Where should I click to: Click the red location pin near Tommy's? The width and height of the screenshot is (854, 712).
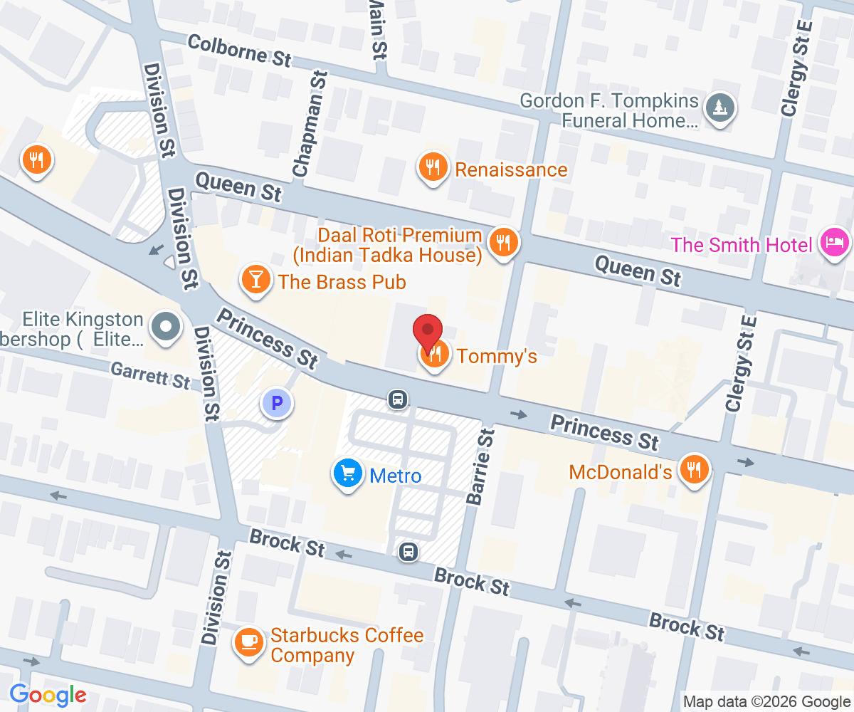[428, 331]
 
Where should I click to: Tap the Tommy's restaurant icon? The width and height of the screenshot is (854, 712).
[434, 354]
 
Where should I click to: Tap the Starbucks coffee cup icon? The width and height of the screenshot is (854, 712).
[248, 642]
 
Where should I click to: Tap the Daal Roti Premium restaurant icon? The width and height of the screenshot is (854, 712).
[504, 242]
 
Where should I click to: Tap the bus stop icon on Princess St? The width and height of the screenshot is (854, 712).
[399, 399]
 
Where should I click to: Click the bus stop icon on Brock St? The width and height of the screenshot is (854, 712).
[408, 552]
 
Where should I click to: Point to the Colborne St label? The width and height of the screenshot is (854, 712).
[240, 51]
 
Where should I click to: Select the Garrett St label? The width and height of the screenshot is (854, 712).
[150, 375]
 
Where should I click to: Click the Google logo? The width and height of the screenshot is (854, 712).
[48, 694]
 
